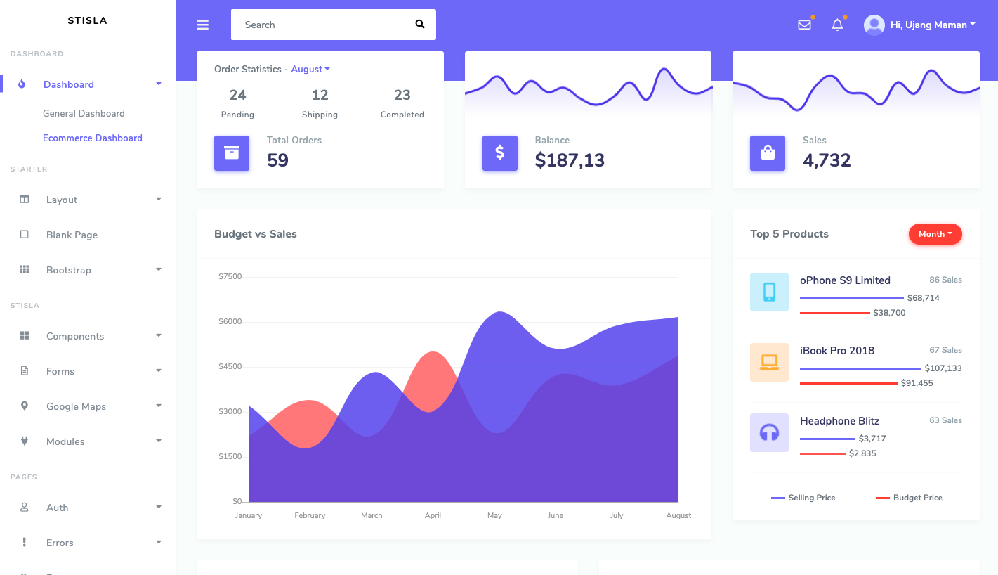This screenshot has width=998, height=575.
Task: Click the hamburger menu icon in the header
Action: click(203, 25)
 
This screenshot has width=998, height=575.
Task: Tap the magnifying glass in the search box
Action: click(420, 25)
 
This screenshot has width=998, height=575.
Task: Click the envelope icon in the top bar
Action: click(804, 25)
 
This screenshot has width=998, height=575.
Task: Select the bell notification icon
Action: click(837, 25)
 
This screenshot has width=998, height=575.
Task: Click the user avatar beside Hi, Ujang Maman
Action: click(874, 25)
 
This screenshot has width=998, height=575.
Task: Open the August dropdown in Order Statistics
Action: click(310, 69)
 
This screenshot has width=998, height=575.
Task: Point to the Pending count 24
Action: click(237, 95)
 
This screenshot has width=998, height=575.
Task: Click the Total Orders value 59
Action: click(277, 160)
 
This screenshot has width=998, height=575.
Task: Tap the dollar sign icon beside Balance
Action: click(500, 153)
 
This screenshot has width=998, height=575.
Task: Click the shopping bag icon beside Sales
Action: click(768, 153)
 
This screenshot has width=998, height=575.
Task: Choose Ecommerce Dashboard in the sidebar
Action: click(93, 138)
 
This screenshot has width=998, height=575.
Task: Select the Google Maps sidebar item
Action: click(76, 406)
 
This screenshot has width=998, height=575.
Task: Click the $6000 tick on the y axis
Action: click(230, 321)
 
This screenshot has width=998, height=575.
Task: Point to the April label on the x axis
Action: click(433, 515)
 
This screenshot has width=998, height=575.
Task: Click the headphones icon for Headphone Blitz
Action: click(769, 432)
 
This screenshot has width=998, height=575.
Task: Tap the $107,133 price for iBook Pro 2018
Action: click(943, 368)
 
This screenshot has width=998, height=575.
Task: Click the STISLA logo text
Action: click(87, 20)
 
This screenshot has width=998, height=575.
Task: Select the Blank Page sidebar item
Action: click(72, 235)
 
